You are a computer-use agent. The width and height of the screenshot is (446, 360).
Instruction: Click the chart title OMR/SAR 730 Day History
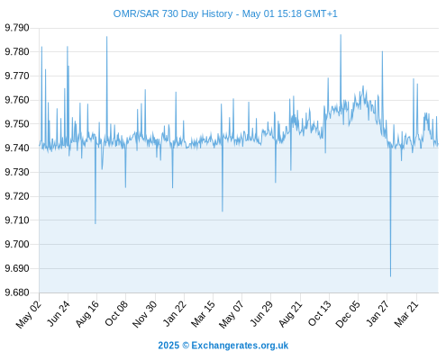point(173,13)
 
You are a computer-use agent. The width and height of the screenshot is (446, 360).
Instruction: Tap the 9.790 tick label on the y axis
point(17,28)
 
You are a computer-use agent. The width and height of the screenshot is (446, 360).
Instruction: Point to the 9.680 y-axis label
point(17,292)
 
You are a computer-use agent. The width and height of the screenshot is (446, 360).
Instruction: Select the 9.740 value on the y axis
point(17,148)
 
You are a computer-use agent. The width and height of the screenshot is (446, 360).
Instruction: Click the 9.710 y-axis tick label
point(17,220)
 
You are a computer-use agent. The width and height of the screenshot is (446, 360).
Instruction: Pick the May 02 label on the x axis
point(29,314)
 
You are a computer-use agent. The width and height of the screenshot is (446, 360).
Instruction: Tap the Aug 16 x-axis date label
point(87,314)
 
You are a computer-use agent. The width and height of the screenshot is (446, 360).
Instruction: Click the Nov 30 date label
point(145,314)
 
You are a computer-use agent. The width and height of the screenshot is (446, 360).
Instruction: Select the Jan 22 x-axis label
point(174,313)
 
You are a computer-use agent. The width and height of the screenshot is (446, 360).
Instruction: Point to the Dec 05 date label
point(347,314)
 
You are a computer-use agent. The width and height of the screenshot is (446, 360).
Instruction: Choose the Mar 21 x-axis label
point(406,314)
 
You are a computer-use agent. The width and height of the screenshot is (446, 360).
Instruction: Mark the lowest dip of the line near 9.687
point(390,276)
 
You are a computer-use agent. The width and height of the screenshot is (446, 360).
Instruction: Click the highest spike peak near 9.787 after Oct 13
point(341,35)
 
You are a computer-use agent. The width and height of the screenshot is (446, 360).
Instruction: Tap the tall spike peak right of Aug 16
point(106,37)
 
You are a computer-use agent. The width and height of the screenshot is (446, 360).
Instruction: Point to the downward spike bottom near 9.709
point(96,223)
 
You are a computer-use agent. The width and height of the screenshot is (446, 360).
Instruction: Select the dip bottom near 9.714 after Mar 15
point(223,211)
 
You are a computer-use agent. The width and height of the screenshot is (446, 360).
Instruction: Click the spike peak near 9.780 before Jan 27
point(382,51)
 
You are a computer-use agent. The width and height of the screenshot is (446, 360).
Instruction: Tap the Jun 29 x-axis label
point(261,314)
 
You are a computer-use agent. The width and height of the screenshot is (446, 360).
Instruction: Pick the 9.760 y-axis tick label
point(17,100)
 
